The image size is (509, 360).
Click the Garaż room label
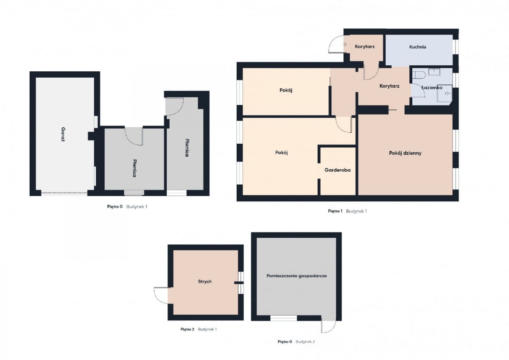(x=63, y=134)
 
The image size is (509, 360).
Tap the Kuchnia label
(x=418, y=47)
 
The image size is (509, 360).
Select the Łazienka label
(x=432, y=87)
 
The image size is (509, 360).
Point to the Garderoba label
(x=338, y=170)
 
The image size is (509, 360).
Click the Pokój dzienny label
(x=405, y=153)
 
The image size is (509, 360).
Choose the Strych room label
(x=205, y=282)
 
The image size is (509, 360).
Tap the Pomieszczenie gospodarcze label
(x=296, y=276)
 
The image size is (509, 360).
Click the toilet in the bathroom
(x=419, y=75)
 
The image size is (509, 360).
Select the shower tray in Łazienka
(x=445, y=93)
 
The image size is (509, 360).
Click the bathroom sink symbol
(x=434, y=72)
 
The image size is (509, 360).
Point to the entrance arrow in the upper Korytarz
(x=345, y=44)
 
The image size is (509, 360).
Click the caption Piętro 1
(x=335, y=211)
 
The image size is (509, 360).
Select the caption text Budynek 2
(x=305, y=342)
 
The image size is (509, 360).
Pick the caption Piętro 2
(x=187, y=329)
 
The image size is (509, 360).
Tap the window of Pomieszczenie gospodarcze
(x=283, y=318)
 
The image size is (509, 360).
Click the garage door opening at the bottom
(x=64, y=193)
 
